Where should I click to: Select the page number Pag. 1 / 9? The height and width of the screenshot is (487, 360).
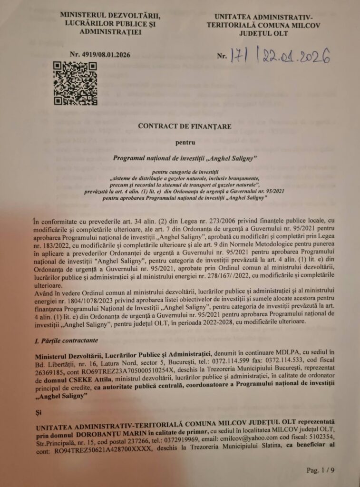pos(321,470)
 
